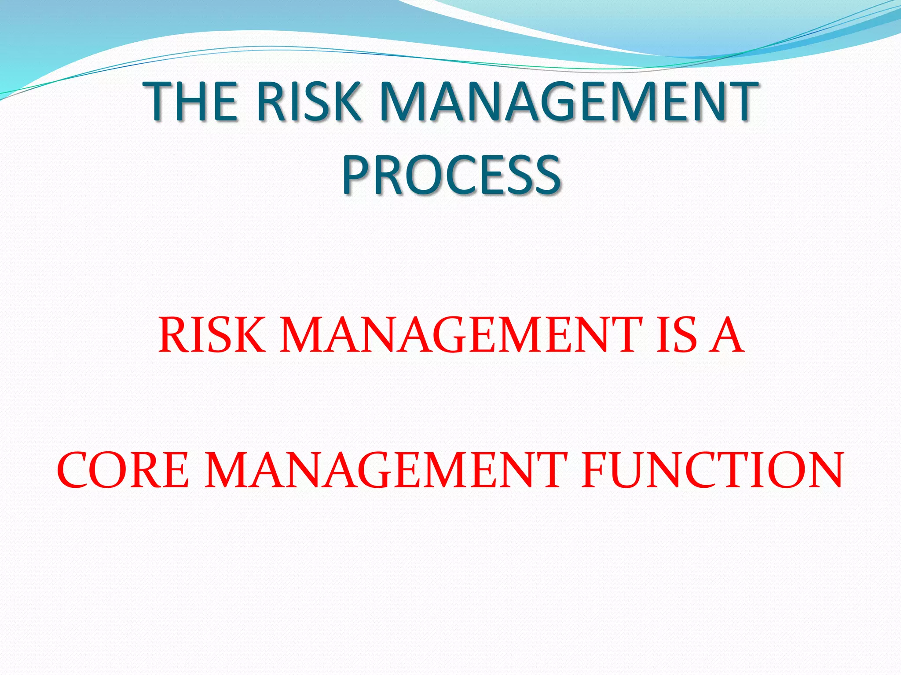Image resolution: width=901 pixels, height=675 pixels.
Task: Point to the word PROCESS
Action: tap(451, 174)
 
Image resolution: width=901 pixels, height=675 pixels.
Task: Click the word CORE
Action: tap(123, 470)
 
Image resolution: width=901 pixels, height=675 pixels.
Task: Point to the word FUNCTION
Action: tap(712, 470)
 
